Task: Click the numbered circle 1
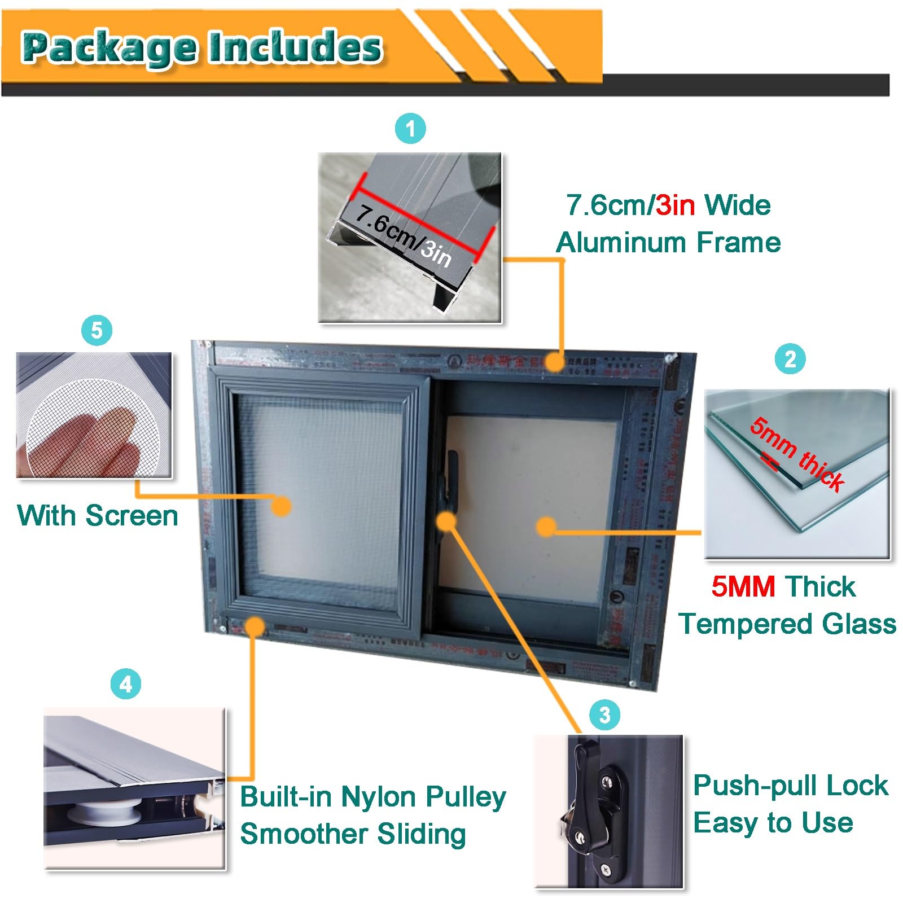[x=410, y=128]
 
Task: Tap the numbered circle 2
[x=790, y=359]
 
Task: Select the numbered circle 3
[x=604, y=714]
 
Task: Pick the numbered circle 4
[x=125, y=684]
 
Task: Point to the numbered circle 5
[x=97, y=330]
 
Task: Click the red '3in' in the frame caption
[x=675, y=205]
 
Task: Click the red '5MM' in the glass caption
[x=743, y=586]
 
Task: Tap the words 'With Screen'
[x=98, y=515]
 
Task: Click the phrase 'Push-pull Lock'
[x=790, y=785]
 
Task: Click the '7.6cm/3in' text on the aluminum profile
[x=403, y=236]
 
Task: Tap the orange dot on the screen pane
[x=280, y=506]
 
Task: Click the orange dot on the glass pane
[x=546, y=527]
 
